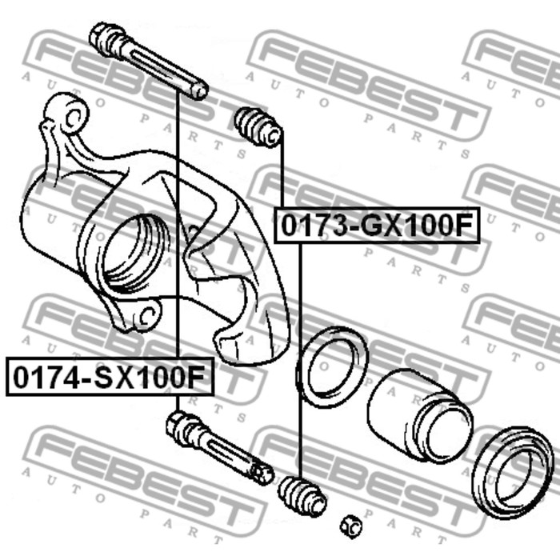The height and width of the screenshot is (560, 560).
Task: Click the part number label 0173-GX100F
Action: click(377, 226)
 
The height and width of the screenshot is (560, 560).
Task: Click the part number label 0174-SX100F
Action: click(110, 378)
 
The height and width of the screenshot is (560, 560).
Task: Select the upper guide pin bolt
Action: click(148, 61)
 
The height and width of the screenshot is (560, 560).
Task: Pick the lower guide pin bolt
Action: click(219, 448)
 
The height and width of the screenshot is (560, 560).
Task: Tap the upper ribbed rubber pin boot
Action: click(258, 127)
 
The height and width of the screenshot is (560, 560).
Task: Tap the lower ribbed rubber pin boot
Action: click(302, 497)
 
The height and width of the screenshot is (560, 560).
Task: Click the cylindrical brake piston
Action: click(420, 416)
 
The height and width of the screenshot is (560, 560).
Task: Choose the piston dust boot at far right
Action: click(512, 474)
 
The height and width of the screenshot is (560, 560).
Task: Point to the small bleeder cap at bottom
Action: click(350, 526)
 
